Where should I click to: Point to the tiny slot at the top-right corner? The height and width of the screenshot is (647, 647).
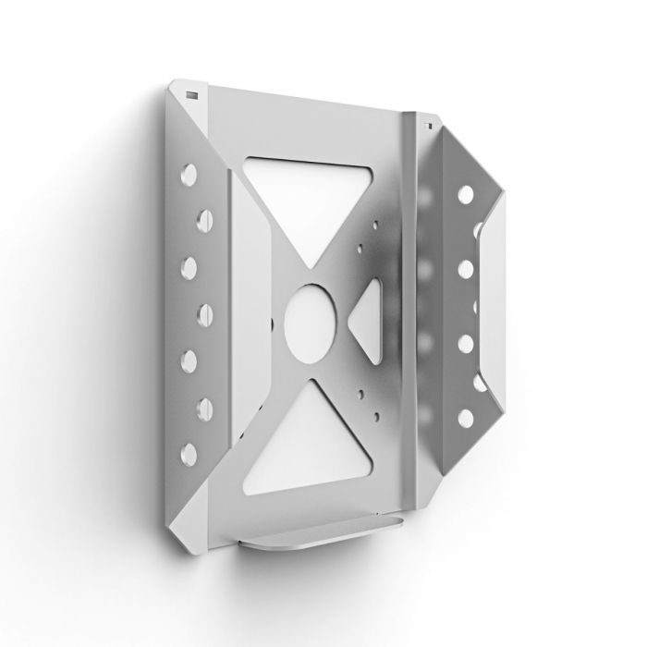pos(428,121)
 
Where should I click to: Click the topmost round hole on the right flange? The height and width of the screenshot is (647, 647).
pos(465,197)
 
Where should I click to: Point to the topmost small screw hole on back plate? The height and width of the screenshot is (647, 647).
pos(374,222)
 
